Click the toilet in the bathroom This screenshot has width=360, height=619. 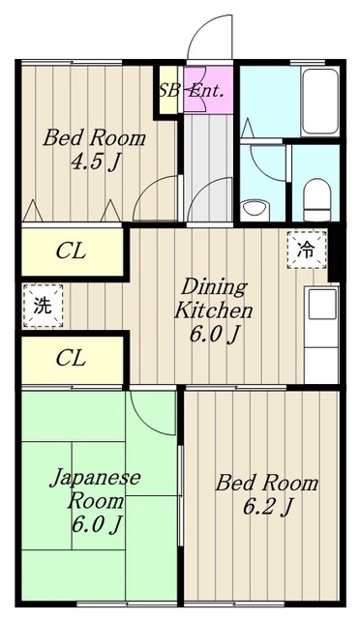pos(316,200)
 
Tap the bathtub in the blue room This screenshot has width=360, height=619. pos(319,102)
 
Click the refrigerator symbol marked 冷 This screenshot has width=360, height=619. pos(307,250)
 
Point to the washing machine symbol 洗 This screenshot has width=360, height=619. pos(43,306)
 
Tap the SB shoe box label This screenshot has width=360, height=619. pos(168,91)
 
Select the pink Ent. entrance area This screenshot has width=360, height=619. pos(208,90)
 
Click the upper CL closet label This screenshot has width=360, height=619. pos(71,251)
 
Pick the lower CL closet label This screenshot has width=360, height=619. pos(71,359)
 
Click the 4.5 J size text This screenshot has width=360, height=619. pos(95,162)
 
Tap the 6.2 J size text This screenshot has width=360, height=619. pos(267,507)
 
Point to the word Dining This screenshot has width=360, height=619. pos(214,288)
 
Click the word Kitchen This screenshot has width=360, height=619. pos(213,310)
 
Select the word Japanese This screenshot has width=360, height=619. pos(95,478)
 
